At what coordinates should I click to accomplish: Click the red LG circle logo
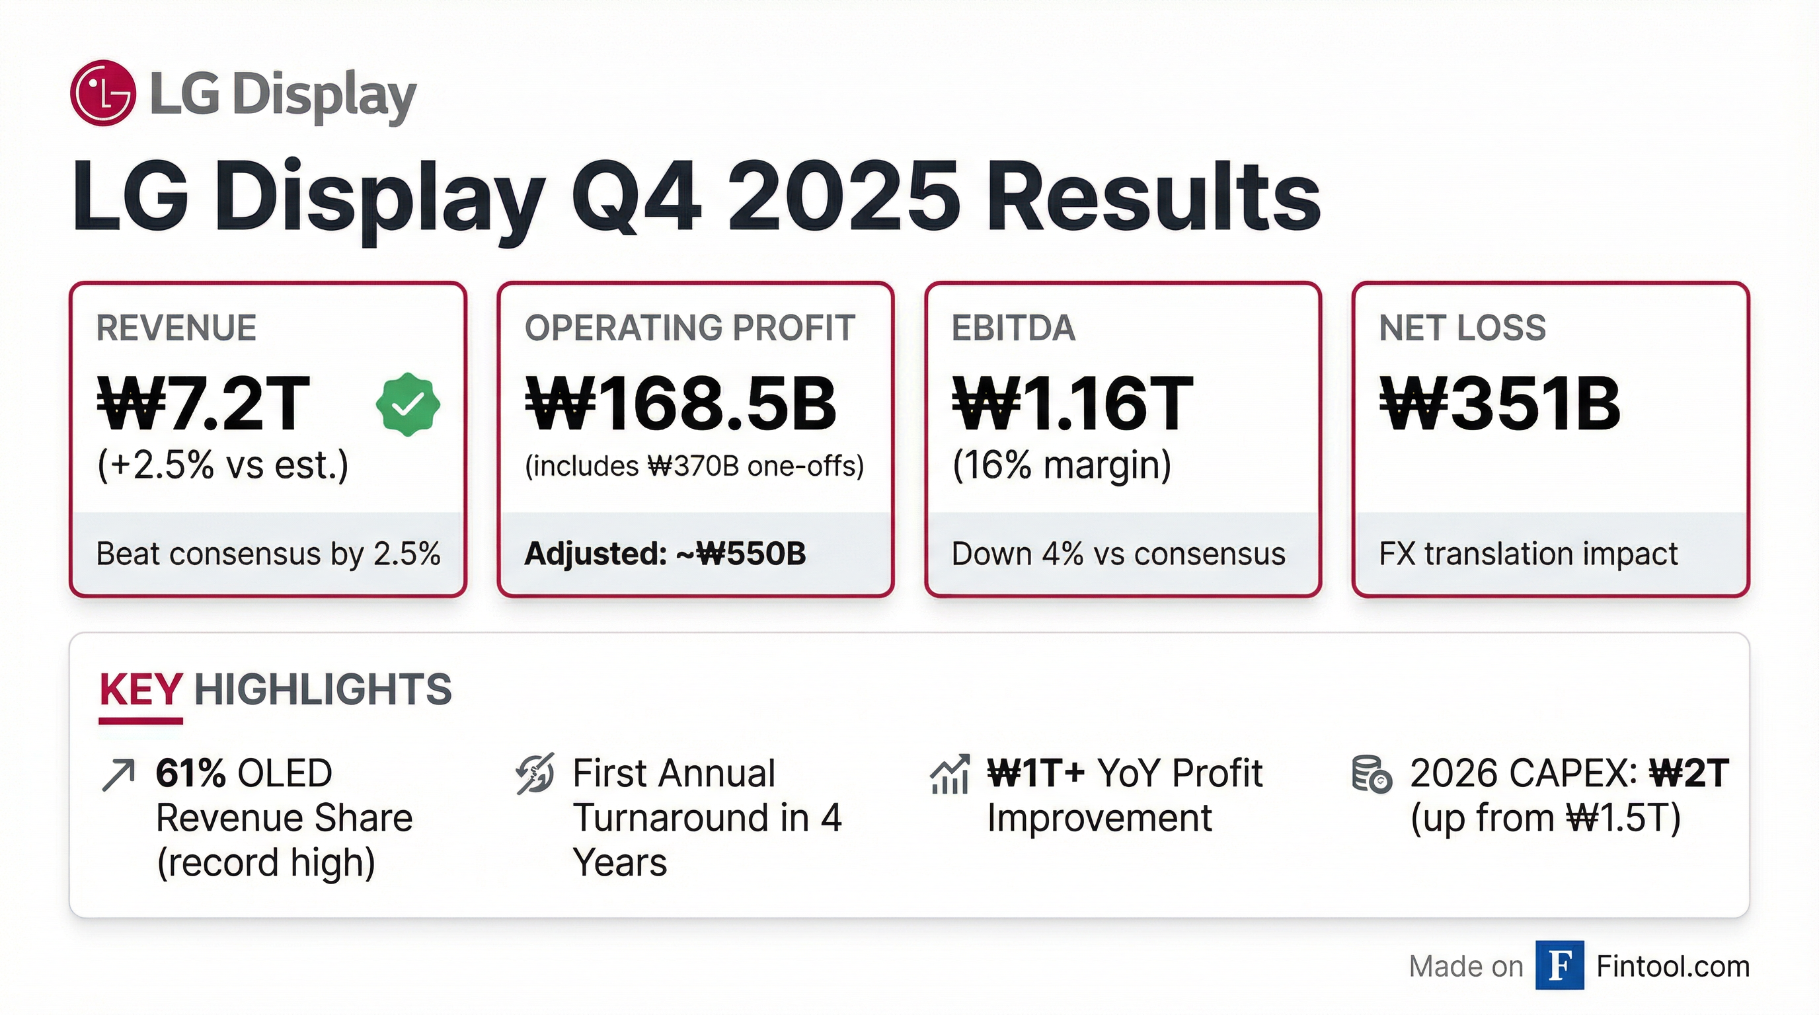(x=103, y=93)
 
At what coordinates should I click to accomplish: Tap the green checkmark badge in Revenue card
(x=408, y=404)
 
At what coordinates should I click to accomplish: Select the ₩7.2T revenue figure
(x=204, y=404)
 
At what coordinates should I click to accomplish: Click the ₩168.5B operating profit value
(x=681, y=404)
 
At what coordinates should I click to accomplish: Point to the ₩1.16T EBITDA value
(x=1073, y=404)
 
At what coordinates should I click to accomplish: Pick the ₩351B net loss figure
(x=1500, y=404)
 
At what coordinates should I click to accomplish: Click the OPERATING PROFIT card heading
(x=690, y=328)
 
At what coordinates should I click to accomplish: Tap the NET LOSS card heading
(x=1462, y=328)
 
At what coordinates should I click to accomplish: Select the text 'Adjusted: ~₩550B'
(x=664, y=553)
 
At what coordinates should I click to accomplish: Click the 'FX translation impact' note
(x=1528, y=553)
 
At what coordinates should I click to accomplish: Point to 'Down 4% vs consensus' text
(x=1118, y=553)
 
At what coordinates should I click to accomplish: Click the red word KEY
(x=141, y=689)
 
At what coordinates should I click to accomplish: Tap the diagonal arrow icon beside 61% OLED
(x=118, y=775)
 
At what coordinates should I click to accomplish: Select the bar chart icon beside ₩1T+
(x=950, y=774)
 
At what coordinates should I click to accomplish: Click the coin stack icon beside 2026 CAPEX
(x=1372, y=774)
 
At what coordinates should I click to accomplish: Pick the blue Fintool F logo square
(x=1559, y=965)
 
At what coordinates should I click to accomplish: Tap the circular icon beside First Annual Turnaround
(x=535, y=774)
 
